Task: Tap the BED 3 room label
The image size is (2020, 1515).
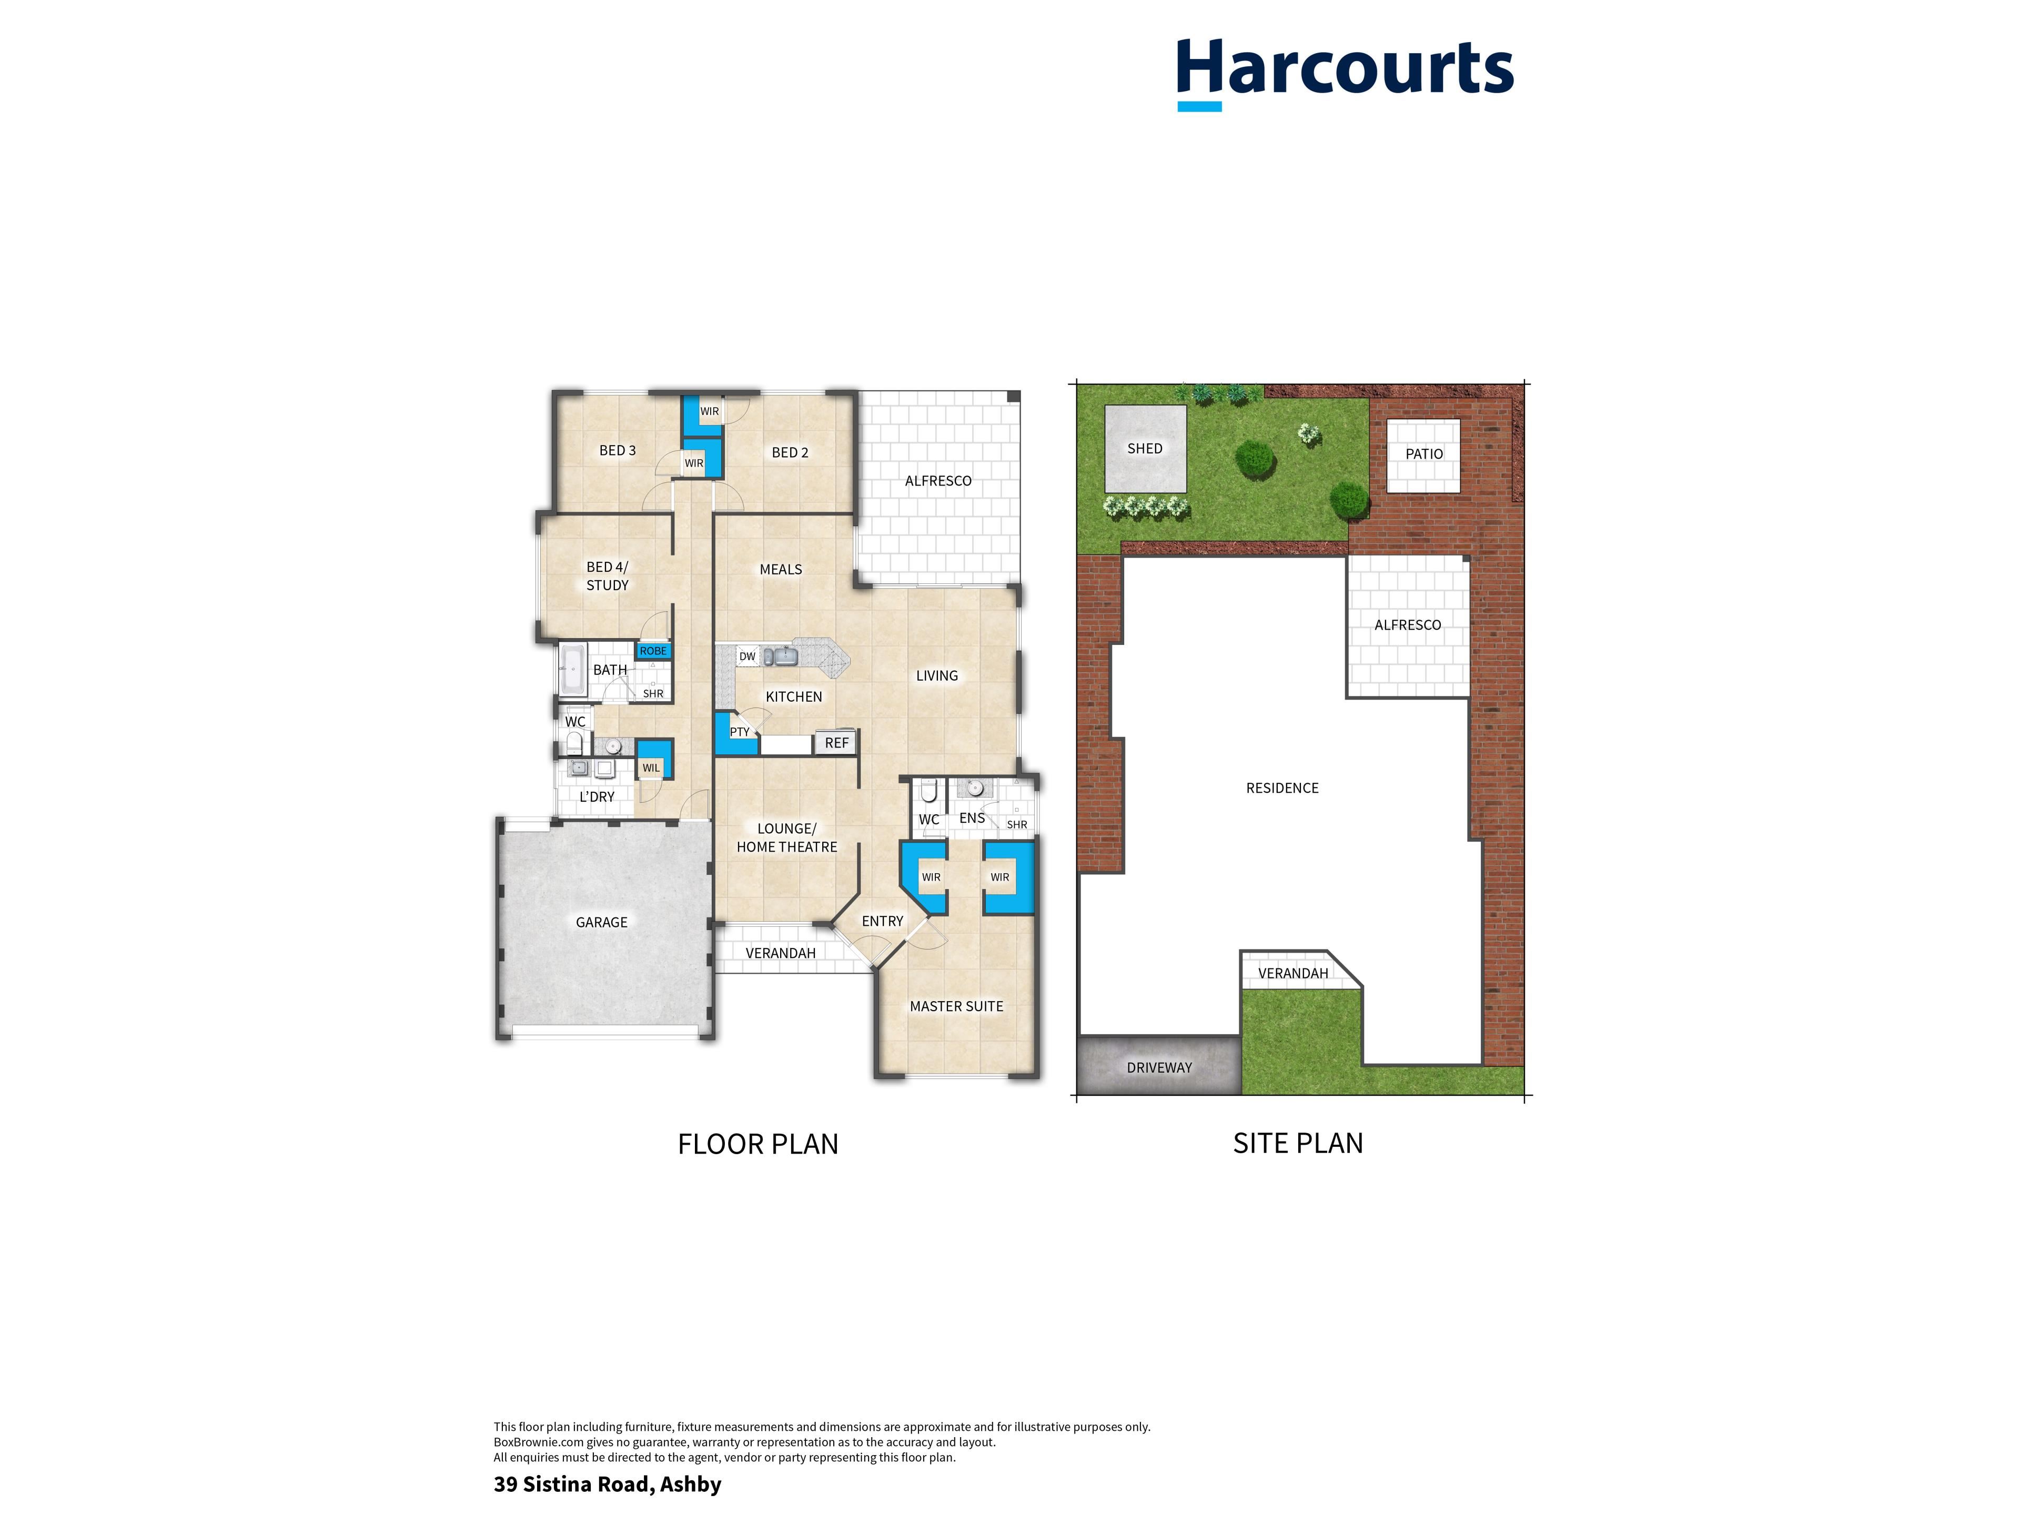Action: (618, 450)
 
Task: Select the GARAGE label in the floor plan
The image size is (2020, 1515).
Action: (602, 922)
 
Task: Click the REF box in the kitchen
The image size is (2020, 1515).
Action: (835, 742)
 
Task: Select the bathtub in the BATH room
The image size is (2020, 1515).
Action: (572, 669)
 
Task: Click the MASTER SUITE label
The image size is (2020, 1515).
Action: (956, 1006)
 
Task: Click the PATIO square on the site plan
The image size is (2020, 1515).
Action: (1423, 455)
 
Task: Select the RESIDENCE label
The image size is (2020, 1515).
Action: (1282, 788)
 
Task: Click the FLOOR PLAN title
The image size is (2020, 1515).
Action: (758, 1144)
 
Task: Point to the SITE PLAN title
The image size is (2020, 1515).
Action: (1298, 1143)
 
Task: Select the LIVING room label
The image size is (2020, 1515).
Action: (937, 676)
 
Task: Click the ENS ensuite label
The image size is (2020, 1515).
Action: (972, 818)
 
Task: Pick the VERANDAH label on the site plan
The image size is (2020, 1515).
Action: (1293, 974)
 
